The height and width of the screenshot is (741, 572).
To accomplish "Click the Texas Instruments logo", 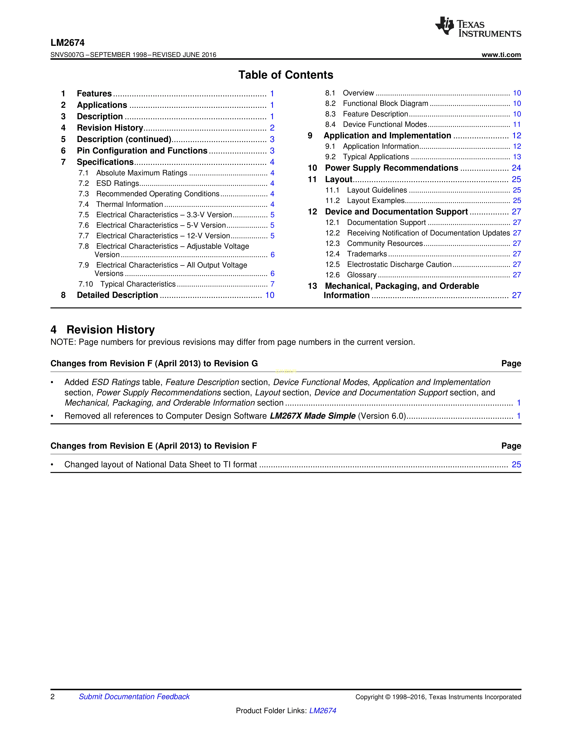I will coord(478,27).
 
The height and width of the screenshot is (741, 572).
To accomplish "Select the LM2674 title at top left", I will coord(68,43).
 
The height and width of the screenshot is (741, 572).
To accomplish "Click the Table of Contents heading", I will coord(286,75).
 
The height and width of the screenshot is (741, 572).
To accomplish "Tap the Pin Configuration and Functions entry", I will coord(142,151).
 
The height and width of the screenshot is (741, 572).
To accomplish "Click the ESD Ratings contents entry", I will coord(118,183).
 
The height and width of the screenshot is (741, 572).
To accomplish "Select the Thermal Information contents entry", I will coord(129,205).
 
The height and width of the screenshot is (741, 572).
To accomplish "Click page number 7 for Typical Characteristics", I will coord(272,284).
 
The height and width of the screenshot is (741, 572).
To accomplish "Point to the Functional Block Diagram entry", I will coord(385,104).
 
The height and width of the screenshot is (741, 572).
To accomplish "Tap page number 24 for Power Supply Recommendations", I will coord(516,168).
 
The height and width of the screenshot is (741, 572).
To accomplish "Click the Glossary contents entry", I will coord(362,275).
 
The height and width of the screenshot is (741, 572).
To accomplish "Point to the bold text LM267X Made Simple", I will coord(312,416).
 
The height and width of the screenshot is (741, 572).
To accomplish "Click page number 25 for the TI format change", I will coord(516,465).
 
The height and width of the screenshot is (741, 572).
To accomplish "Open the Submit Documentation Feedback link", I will coord(134,697).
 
